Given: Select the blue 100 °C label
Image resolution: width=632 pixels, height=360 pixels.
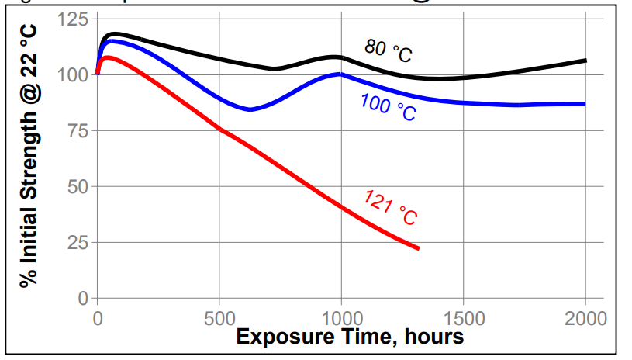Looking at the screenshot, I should (388, 108).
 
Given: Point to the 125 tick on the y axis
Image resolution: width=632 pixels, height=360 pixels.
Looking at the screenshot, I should (73, 19).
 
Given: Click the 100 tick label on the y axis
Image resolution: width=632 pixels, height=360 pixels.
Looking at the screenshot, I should (73, 74).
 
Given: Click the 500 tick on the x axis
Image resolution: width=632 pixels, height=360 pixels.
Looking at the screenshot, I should (219, 317).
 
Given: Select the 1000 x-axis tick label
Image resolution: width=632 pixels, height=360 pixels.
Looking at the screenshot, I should (341, 317).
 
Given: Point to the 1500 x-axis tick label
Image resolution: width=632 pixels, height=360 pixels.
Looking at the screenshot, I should (463, 317).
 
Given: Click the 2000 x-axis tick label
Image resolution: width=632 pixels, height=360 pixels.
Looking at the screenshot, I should (585, 317).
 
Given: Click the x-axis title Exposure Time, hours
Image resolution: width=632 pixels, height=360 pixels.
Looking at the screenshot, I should (350, 337).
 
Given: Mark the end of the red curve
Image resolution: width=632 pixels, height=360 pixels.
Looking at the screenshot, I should (418, 248).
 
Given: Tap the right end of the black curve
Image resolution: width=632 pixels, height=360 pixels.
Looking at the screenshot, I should (585, 61).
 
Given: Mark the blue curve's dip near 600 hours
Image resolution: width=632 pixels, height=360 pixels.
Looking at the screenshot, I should (250, 109).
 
